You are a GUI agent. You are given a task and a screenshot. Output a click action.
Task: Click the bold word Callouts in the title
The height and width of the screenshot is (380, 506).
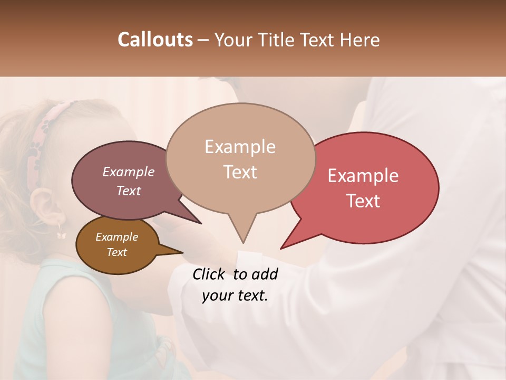click(x=155, y=40)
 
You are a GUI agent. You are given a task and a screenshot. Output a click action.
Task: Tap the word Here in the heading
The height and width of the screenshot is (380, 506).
click(x=358, y=40)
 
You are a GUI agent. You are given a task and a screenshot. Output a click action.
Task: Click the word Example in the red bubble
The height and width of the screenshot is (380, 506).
click(x=363, y=176)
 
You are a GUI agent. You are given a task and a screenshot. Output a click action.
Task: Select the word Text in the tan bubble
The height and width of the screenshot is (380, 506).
click(x=240, y=172)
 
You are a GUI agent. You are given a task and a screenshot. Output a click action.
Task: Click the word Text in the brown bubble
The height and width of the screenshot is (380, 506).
click(x=117, y=252)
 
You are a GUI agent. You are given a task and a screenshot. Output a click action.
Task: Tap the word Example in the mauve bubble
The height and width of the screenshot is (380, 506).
click(x=128, y=172)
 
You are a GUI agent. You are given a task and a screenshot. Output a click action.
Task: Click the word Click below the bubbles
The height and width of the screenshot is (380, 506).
click(x=210, y=274)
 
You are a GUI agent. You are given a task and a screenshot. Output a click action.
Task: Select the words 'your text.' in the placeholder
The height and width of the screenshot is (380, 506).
click(x=235, y=296)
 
